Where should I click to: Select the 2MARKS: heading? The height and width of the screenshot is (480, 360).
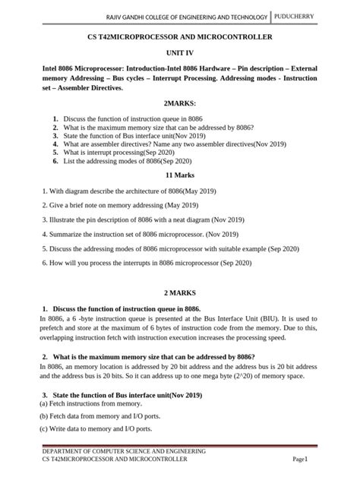click(x=180, y=103)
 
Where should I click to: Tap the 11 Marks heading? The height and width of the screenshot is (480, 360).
click(x=180, y=175)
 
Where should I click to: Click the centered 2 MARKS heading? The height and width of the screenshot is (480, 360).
click(x=180, y=292)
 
